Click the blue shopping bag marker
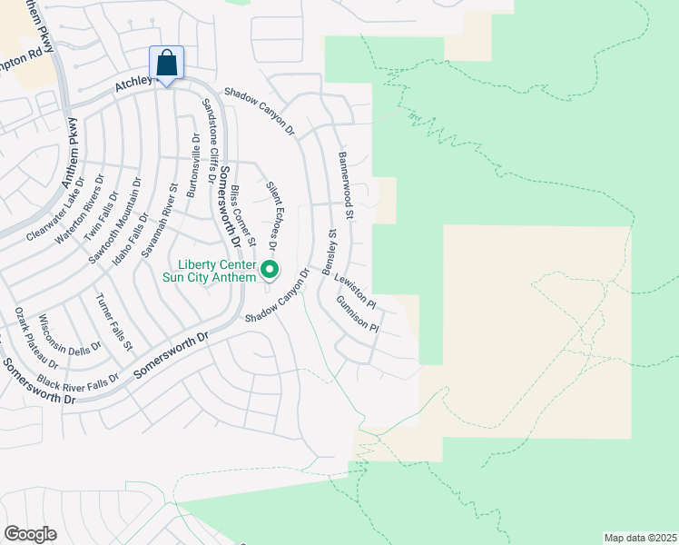[x=167, y=64]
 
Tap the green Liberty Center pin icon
[x=270, y=270]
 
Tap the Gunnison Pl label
[x=356, y=315]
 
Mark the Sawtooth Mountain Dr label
[x=115, y=208]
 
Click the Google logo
[x=30, y=533]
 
